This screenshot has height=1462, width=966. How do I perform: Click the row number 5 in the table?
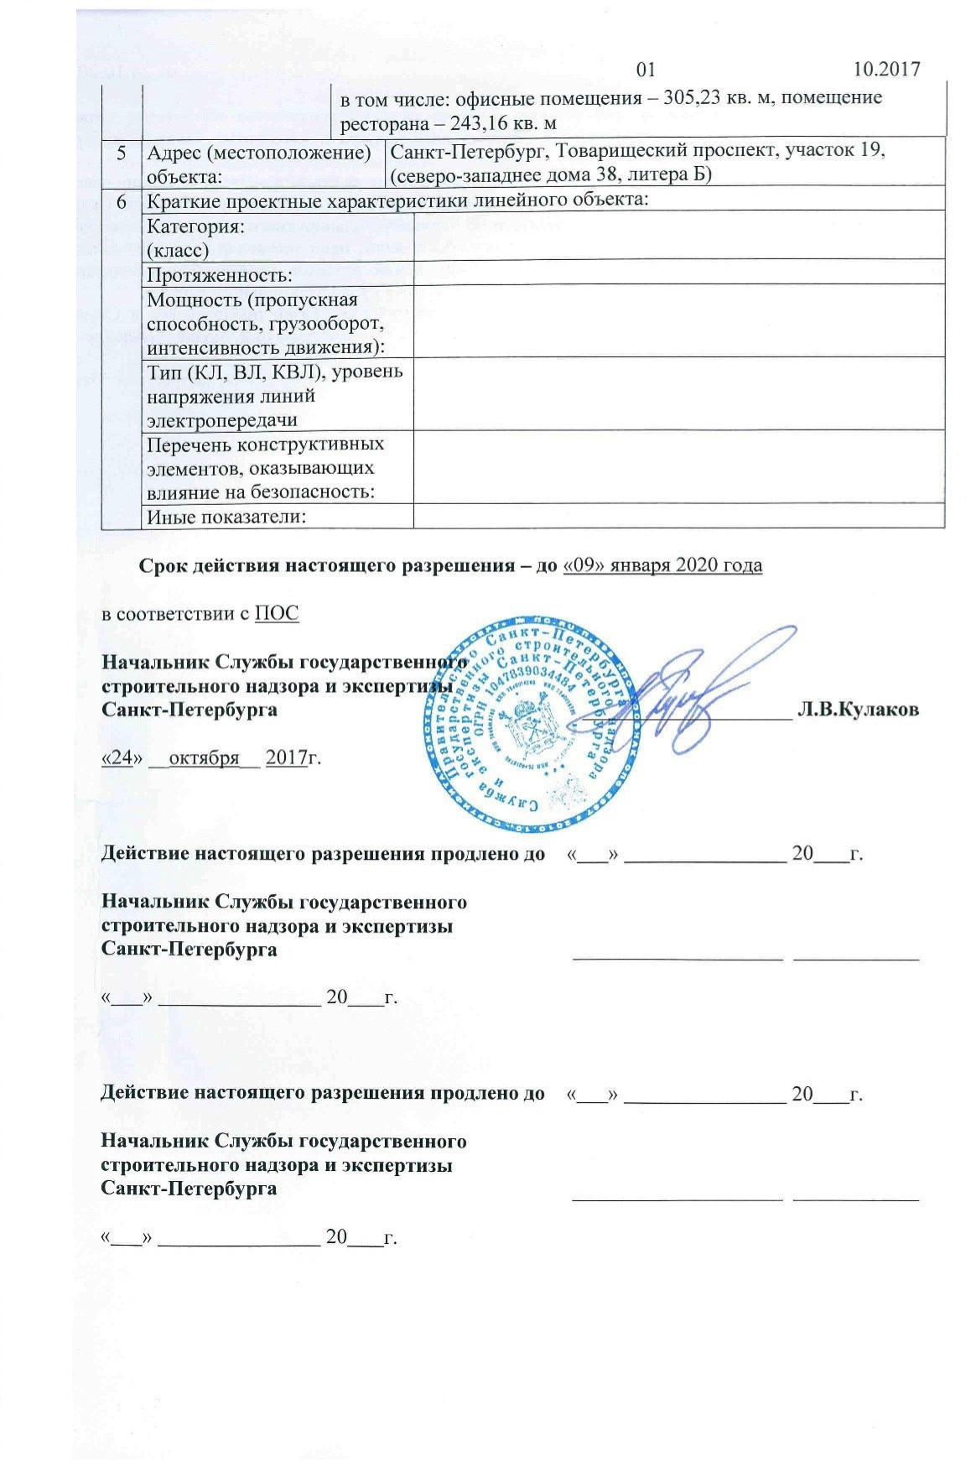pyautogui.click(x=122, y=153)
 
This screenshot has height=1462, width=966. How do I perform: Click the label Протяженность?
pyautogui.click(x=220, y=275)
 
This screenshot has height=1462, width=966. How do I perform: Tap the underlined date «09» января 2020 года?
pyautogui.click(x=663, y=565)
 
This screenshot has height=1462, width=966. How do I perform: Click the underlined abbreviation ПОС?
pyautogui.click(x=277, y=613)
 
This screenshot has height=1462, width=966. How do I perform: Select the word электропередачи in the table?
pyautogui.click(x=222, y=420)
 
